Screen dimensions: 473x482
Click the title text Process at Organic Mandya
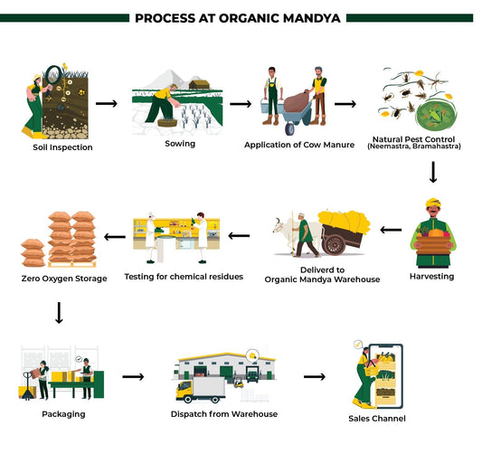coord(240,17)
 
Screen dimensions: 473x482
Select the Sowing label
coord(180,143)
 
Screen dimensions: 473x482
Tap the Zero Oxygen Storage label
coord(63,278)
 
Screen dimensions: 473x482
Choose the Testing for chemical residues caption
coord(184,276)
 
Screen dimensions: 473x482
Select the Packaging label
coord(63,413)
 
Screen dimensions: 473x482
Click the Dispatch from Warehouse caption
coord(223,413)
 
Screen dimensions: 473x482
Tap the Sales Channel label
coord(378,419)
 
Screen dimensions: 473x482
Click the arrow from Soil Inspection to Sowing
coord(106,102)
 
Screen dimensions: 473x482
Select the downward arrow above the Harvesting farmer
coord(433,171)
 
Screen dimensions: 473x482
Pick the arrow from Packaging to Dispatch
coord(133,376)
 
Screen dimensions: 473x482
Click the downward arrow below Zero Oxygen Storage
coord(59,314)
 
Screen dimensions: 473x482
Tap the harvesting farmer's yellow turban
coord(435,205)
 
